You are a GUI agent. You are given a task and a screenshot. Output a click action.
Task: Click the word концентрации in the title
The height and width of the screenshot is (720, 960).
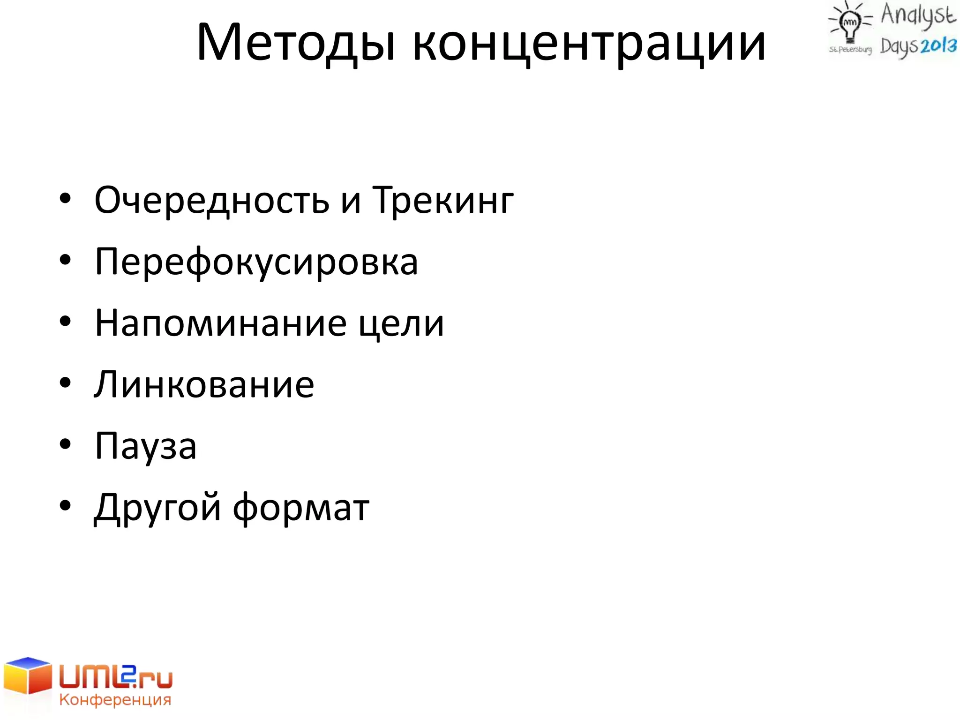[x=589, y=43]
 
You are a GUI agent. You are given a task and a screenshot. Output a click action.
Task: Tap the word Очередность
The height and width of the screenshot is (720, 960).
[x=212, y=201]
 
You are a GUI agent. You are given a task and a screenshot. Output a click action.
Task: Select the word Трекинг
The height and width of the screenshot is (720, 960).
[x=443, y=201]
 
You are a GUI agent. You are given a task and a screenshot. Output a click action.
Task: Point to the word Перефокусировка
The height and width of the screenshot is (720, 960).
[x=256, y=262]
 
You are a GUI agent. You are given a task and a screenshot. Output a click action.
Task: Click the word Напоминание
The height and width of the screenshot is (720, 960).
[x=221, y=323]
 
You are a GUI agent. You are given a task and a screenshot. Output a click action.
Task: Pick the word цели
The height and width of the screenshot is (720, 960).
[x=401, y=323]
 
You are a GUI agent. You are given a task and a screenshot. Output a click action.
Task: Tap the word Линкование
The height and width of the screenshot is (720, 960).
[x=204, y=384]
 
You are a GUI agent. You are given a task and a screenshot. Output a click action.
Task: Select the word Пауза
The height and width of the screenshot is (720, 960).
[x=145, y=446]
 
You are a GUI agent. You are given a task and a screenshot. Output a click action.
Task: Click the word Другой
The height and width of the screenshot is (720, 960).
[x=157, y=508]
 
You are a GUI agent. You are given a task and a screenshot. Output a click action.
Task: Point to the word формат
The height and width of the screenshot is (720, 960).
[x=301, y=508]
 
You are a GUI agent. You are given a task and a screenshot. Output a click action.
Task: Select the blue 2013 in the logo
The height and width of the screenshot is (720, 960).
[x=938, y=46]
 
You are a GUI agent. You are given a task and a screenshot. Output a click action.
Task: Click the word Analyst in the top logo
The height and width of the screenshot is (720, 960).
[x=918, y=15]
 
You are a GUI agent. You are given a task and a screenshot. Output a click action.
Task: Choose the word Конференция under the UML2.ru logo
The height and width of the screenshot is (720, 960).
[x=115, y=700]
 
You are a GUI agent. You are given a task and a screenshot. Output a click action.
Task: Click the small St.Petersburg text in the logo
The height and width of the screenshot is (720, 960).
[x=850, y=49]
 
